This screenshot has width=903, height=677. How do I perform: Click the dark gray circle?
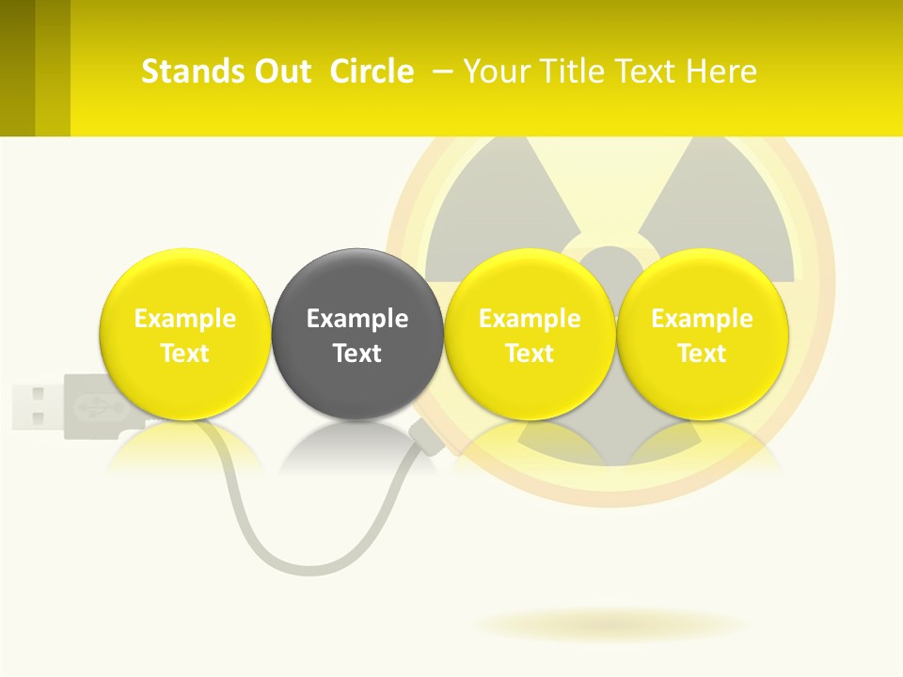click(x=356, y=334)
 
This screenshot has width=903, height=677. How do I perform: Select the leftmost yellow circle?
click(x=184, y=334)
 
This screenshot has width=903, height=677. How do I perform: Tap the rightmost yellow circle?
click(x=702, y=334)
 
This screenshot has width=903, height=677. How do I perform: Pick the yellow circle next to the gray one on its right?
click(x=529, y=334)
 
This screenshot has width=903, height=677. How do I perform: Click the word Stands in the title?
click(x=192, y=71)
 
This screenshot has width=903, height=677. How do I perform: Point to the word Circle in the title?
click(x=372, y=71)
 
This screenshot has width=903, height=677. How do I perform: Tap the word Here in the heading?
click(x=721, y=71)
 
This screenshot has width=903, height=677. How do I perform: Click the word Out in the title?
click(x=282, y=71)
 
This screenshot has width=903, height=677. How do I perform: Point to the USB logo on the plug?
click(x=90, y=405)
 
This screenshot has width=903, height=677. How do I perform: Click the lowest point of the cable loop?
click(x=282, y=570)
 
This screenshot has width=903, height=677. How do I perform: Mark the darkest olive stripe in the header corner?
click(x=17, y=68)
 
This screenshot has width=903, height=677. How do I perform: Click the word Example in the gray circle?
click(x=356, y=319)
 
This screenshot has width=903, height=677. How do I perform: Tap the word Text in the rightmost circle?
click(x=702, y=354)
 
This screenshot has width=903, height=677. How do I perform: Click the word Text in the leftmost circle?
click(x=184, y=354)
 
